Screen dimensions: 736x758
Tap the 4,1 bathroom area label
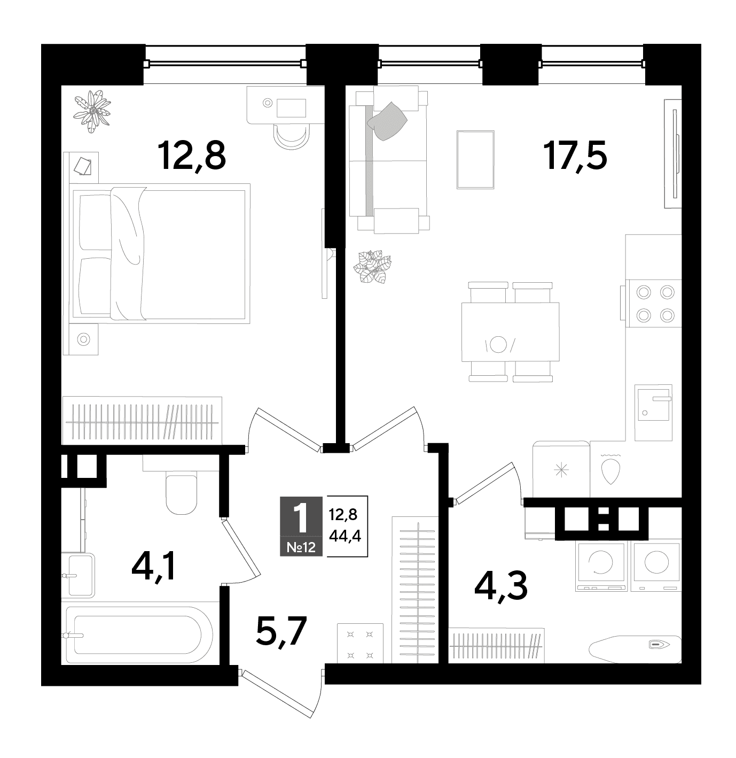coord(154,567)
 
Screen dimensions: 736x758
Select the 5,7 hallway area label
coord(281,630)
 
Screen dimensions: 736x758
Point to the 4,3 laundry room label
coord(500,586)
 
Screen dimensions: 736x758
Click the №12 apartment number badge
coord(301,547)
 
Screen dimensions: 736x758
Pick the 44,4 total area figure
coord(345,536)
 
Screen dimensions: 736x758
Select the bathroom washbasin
coord(79,575)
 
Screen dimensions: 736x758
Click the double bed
coord(160,253)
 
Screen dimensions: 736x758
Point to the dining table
coord(510,332)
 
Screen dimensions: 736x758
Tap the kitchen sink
coord(654,413)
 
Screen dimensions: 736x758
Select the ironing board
coord(635,645)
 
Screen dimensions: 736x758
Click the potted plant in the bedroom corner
coord(92,111)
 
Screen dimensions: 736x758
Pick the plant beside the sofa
coord(372,267)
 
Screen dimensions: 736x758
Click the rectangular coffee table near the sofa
coord(475,160)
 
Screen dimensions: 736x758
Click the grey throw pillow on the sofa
coord(387,121)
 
